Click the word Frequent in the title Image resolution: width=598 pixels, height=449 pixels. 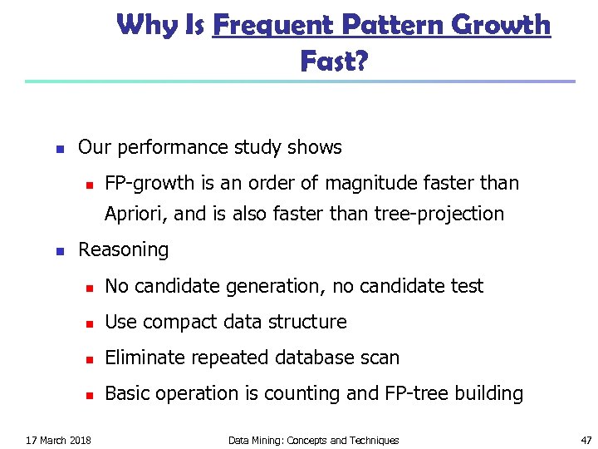(x=267, y=25)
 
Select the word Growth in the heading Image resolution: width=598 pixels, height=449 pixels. (x=503, y=25)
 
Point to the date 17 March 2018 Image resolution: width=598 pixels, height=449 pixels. (x=58, y=440)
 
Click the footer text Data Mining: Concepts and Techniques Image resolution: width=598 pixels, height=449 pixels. (x=313, y=440)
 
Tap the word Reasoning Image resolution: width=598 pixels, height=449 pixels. (x=123, y=249)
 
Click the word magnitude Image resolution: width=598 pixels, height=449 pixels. (x=370, y=183)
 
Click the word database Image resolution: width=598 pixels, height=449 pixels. (x=316, y=358)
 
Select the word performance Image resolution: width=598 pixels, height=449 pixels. (x=165, y=148)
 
